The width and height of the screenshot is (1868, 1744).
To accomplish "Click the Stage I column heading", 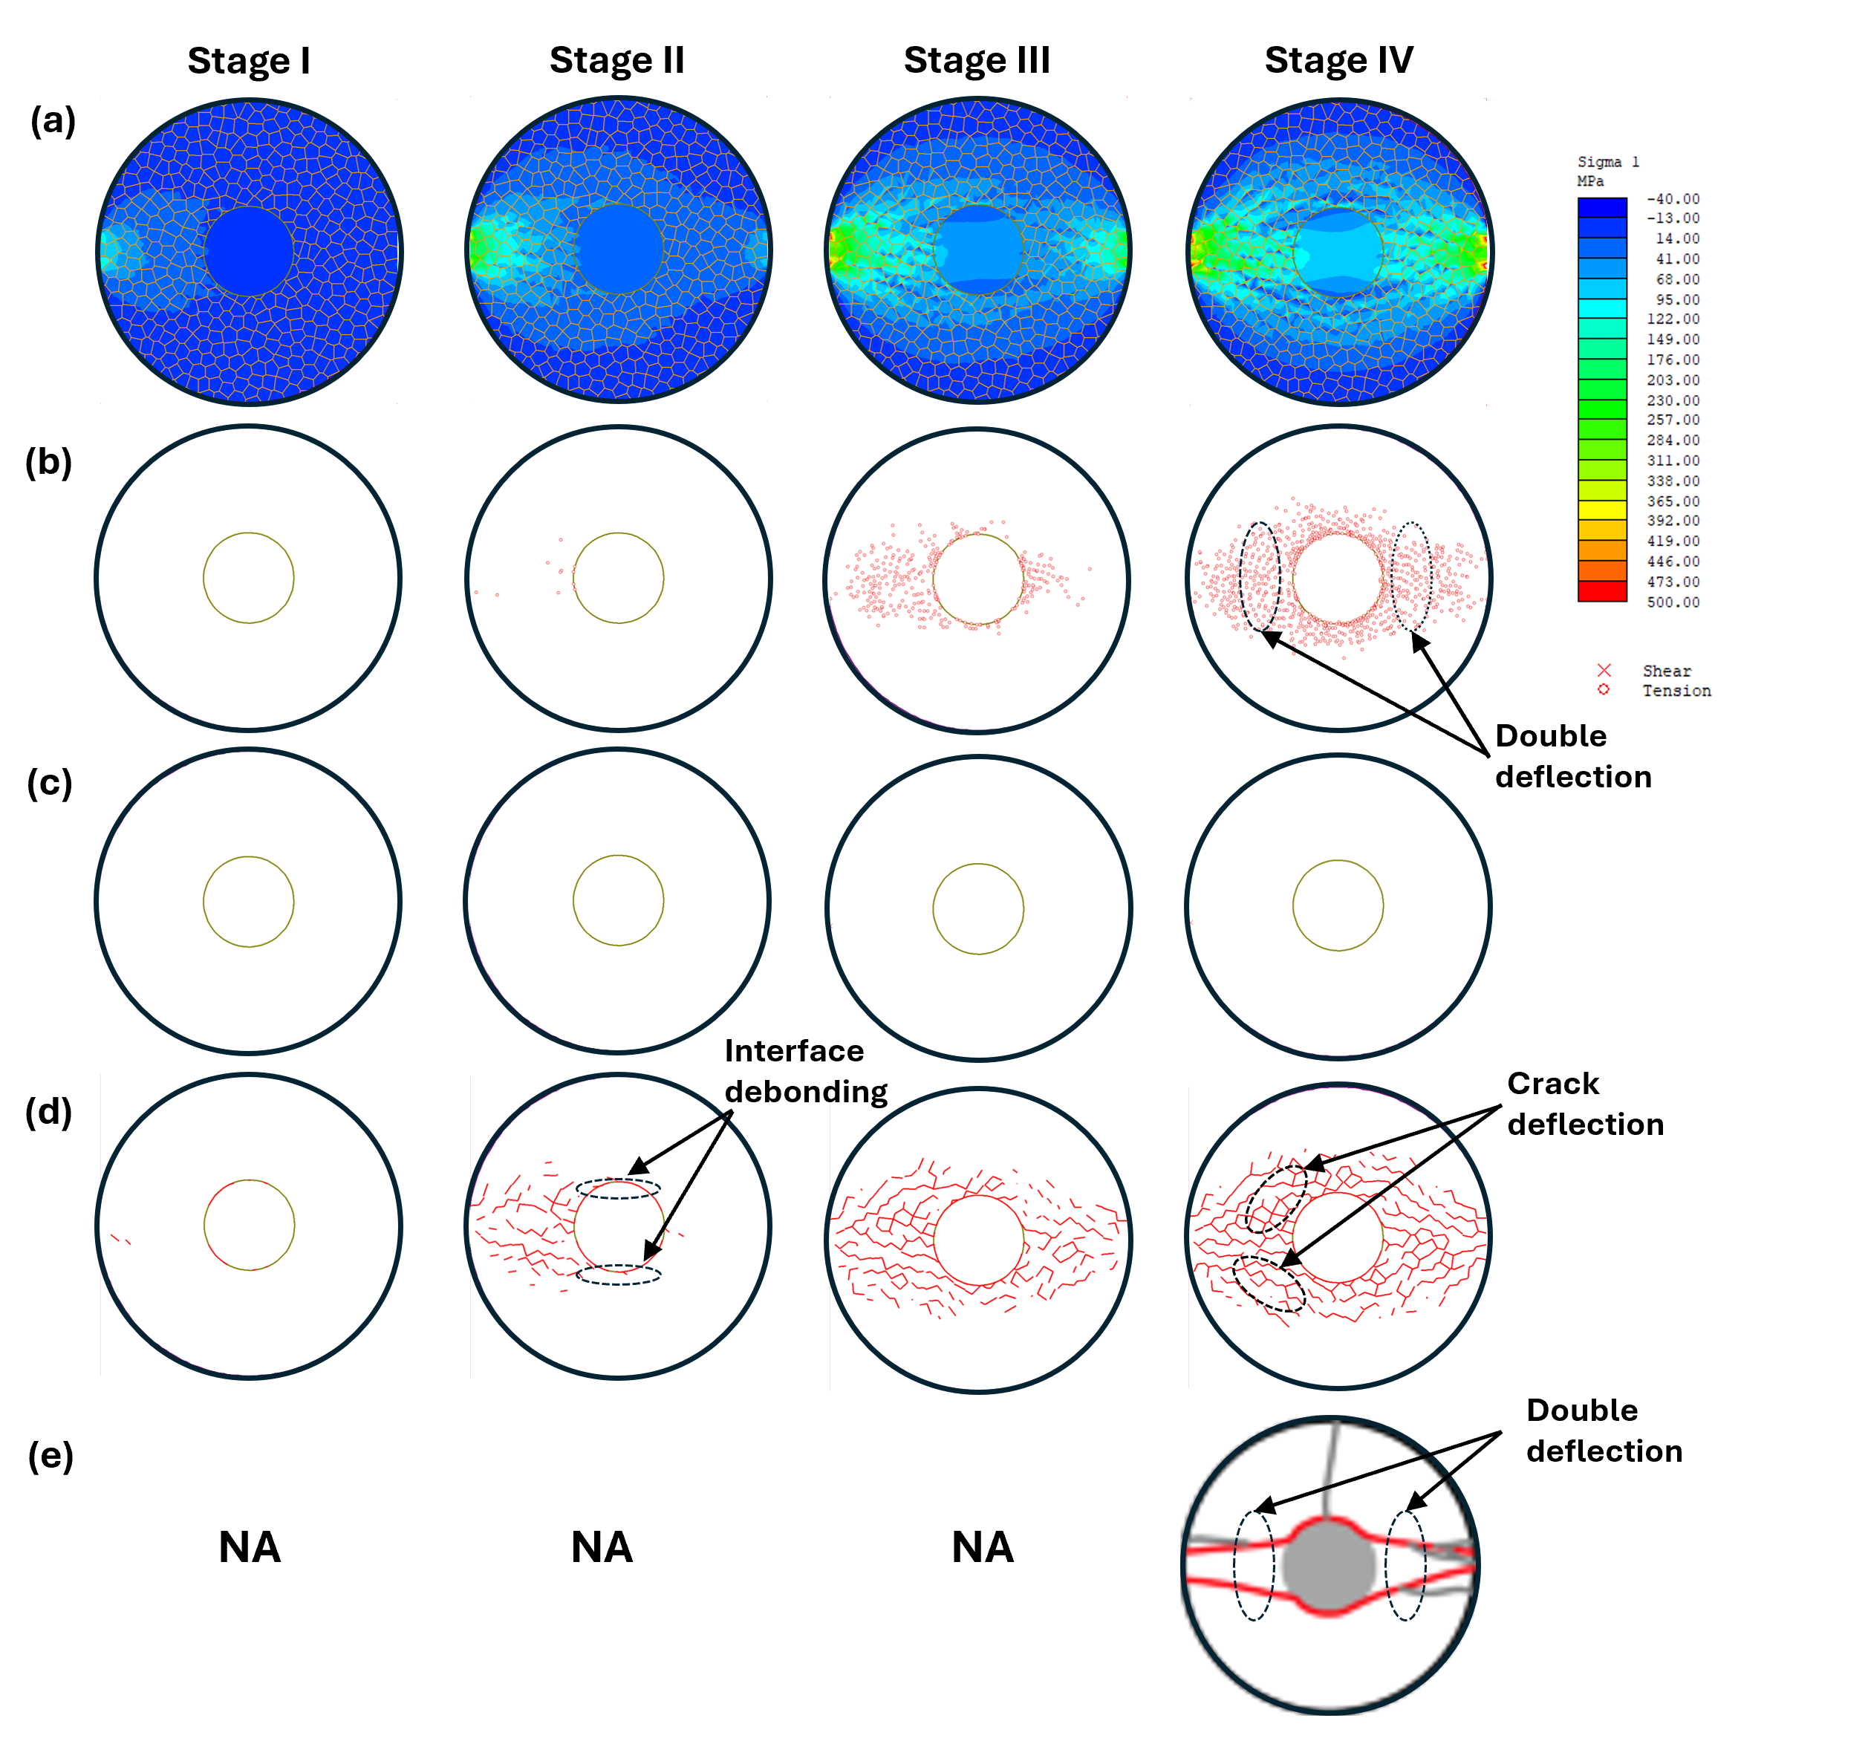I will [x=249, y=61].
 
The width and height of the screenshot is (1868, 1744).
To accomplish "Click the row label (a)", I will [x=53, y=121].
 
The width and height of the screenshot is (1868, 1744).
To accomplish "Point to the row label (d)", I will [x=49, y=1112].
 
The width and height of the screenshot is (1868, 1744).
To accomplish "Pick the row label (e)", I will [x=51, y=1456].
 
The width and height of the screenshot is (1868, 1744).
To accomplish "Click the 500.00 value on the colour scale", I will [x=1673, y=602].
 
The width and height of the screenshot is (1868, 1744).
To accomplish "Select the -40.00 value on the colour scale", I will [x=1673, y=199].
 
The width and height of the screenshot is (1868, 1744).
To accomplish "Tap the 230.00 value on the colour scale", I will [x=1673, y=400].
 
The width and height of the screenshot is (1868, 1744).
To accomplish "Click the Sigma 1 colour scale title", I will [x=1608, y=163].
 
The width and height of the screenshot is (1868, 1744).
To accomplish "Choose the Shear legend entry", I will [x=1666, y=671].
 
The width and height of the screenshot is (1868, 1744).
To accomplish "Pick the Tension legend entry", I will [x=1676, y=691].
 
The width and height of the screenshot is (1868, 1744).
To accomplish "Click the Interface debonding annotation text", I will [x=805, y=1071].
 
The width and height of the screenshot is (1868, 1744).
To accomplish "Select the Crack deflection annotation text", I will [x=1585, y=1104].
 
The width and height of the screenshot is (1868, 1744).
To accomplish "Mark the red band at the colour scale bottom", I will [x=1602, y=592].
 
